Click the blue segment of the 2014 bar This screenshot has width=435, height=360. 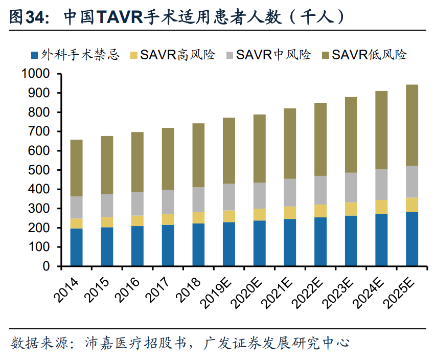pyautogui.click(x=76, y=247)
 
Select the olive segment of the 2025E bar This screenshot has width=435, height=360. pyautogui.click(x=412, y=125)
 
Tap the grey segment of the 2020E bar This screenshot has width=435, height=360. pyautogui.click(x=259, y=195)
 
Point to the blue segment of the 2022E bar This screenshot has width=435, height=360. pyautogui.click(x=320, y=241)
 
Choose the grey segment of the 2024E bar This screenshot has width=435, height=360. pyautogui.click(x=381, y=185)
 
